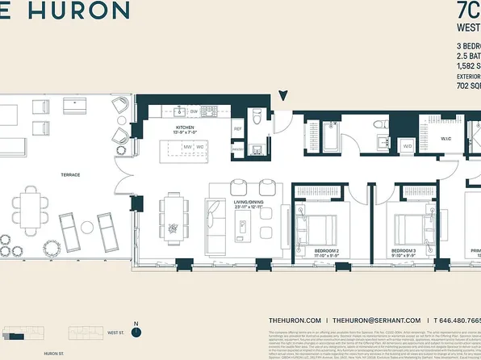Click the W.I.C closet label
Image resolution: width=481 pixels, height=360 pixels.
(x=446, y=138)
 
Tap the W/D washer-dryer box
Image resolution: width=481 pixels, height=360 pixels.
(x=406, y=146)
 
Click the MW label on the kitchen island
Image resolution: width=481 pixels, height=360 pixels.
(x=186, y=147)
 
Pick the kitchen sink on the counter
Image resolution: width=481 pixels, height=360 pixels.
(x=181, y=111)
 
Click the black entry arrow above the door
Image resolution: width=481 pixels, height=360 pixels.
(x=282, y=96)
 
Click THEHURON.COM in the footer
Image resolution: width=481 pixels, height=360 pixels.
(x=295, y=320)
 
